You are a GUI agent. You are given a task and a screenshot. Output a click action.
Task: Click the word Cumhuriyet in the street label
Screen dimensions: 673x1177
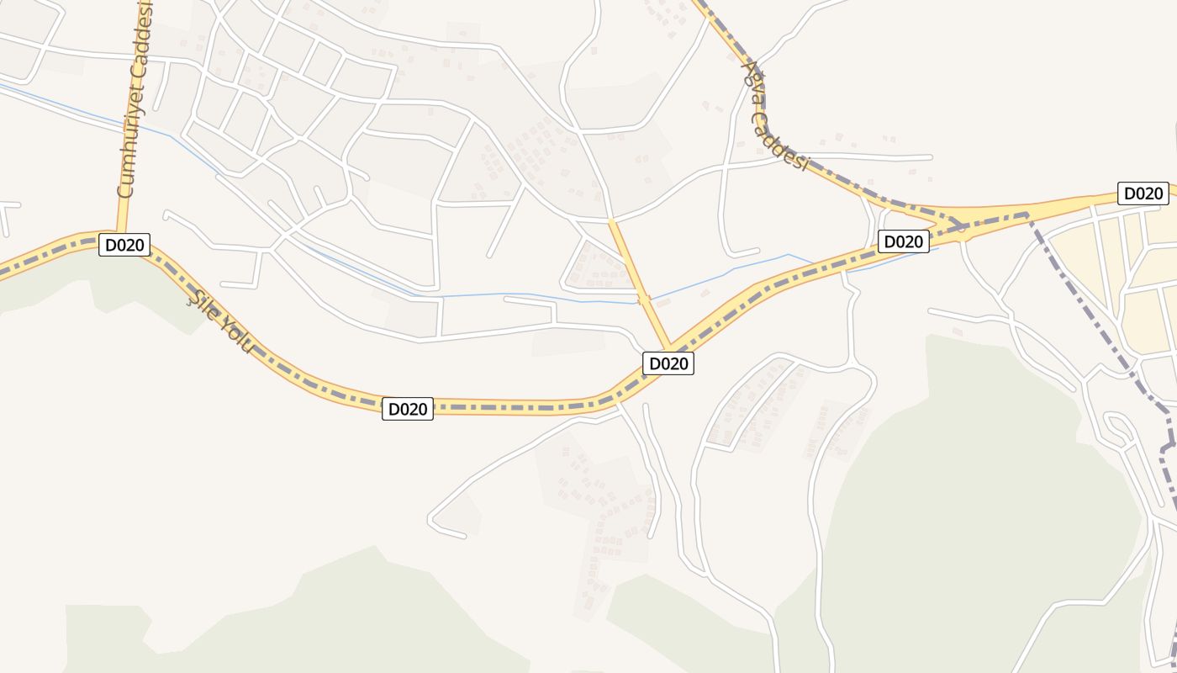coord(128,156)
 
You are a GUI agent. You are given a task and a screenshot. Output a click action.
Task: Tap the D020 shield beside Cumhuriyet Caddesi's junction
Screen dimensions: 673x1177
coord(124,246)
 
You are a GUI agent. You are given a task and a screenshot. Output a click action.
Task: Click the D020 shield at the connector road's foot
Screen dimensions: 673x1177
coord(668,363)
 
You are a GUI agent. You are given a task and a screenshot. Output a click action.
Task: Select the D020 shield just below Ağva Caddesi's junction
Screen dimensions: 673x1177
coord(903,241)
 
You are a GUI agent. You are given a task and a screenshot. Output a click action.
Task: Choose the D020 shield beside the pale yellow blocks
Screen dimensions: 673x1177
coord(1143,193)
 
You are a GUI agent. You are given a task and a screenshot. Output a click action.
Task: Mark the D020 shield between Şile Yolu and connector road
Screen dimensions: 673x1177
coord(408,409)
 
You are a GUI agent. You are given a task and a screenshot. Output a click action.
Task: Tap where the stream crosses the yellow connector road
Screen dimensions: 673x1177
coord(644,300)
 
